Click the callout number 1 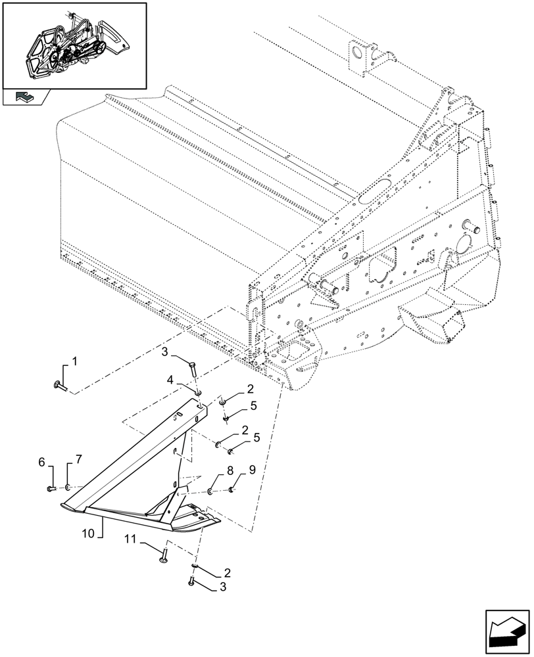click(74, 361)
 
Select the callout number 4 click(170, 380)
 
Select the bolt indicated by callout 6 click(51, 487)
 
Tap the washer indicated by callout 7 click(68, 487)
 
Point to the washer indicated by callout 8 click(210, 490)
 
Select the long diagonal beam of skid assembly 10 click(132, 460)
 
